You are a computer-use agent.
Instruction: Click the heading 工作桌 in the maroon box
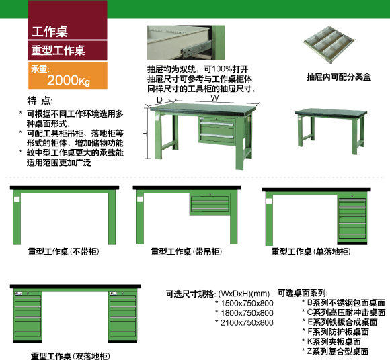pos(50,32)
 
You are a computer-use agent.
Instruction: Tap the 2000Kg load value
pos(69,80)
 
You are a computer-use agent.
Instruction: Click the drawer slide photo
pos(186,42)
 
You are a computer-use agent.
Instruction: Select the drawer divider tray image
pos(329,45)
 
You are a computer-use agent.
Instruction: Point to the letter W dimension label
pos(214,98)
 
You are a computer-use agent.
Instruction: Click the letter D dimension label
pos(159,99)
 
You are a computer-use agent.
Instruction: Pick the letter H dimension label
pos(145,134)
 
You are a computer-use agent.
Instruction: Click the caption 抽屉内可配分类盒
pos(339,77)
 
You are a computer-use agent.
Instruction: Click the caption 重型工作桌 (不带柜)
pos(64,252)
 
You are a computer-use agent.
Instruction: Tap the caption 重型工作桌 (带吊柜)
pos(186,252)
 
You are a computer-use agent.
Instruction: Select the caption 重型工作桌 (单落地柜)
pos(311,252)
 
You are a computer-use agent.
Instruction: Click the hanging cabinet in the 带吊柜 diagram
pos(210,204)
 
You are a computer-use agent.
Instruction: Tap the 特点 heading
pos(40,101)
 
